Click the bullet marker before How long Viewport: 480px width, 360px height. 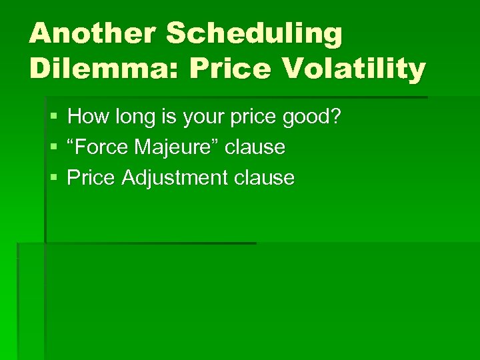coord(53,118)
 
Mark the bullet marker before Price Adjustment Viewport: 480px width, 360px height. coord(53,178)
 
